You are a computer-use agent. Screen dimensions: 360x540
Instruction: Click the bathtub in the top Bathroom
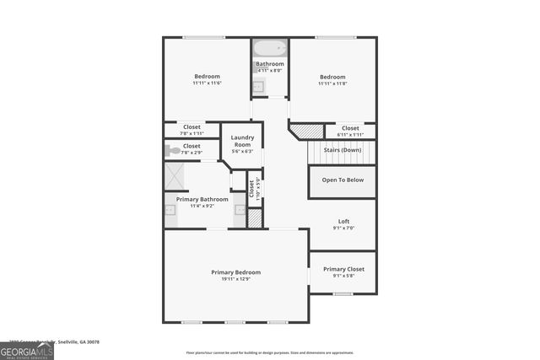pyautogui.click(x=270, y=47)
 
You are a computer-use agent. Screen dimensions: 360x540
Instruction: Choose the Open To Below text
pyautogui.click(x=343, y=180)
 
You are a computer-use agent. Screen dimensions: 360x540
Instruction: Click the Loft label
pyautogui.click(x=343, y=222)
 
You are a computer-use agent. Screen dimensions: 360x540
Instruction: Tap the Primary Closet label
pyautogui.click(x=343, y=269)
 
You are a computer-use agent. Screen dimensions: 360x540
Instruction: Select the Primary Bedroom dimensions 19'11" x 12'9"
pyautogui.click(x=235, y=279)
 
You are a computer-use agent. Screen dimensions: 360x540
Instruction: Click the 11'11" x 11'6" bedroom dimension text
pyautogui.click(x=207, y=83)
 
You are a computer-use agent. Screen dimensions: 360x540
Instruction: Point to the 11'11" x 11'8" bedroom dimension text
pyautogui.click(x=332, y=83)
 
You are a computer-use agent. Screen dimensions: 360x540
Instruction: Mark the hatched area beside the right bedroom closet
pyautogui.click(x=307, y=132)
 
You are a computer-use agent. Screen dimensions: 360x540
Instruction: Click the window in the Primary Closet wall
pyautogui.click(x=343, y=294)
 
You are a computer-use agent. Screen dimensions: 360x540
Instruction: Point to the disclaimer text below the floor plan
pyautogui.click(x=270, y=353)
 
